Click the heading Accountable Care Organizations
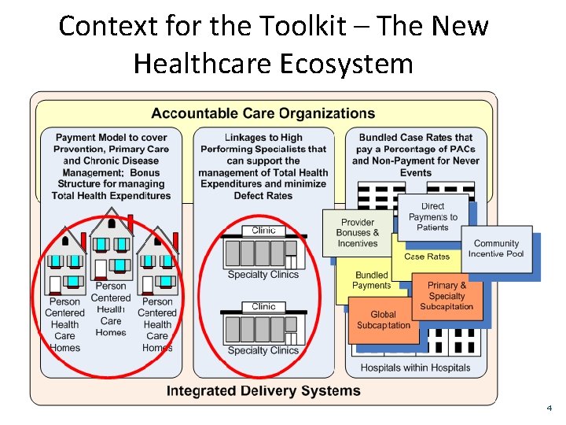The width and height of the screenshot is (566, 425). (263, 115)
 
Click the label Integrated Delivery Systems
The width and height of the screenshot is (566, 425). (263, 391)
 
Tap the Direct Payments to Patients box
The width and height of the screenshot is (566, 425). (432, 216)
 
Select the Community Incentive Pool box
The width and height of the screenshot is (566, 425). (496, 249)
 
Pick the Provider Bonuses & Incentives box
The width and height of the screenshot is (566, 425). (358, 233)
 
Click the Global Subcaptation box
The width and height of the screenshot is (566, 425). (383, 320)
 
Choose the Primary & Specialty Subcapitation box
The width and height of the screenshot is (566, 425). (447, 296)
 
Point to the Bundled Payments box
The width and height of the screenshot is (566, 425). (371, 280)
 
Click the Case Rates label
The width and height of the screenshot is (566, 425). (427, 257)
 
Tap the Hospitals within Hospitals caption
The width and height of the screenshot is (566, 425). (415, 368)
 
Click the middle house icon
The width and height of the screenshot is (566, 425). (111, 244)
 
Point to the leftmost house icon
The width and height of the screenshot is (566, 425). (65, 264)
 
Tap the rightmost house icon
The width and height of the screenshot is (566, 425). (157, 264)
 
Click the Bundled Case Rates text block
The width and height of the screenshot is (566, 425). (415, 155)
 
